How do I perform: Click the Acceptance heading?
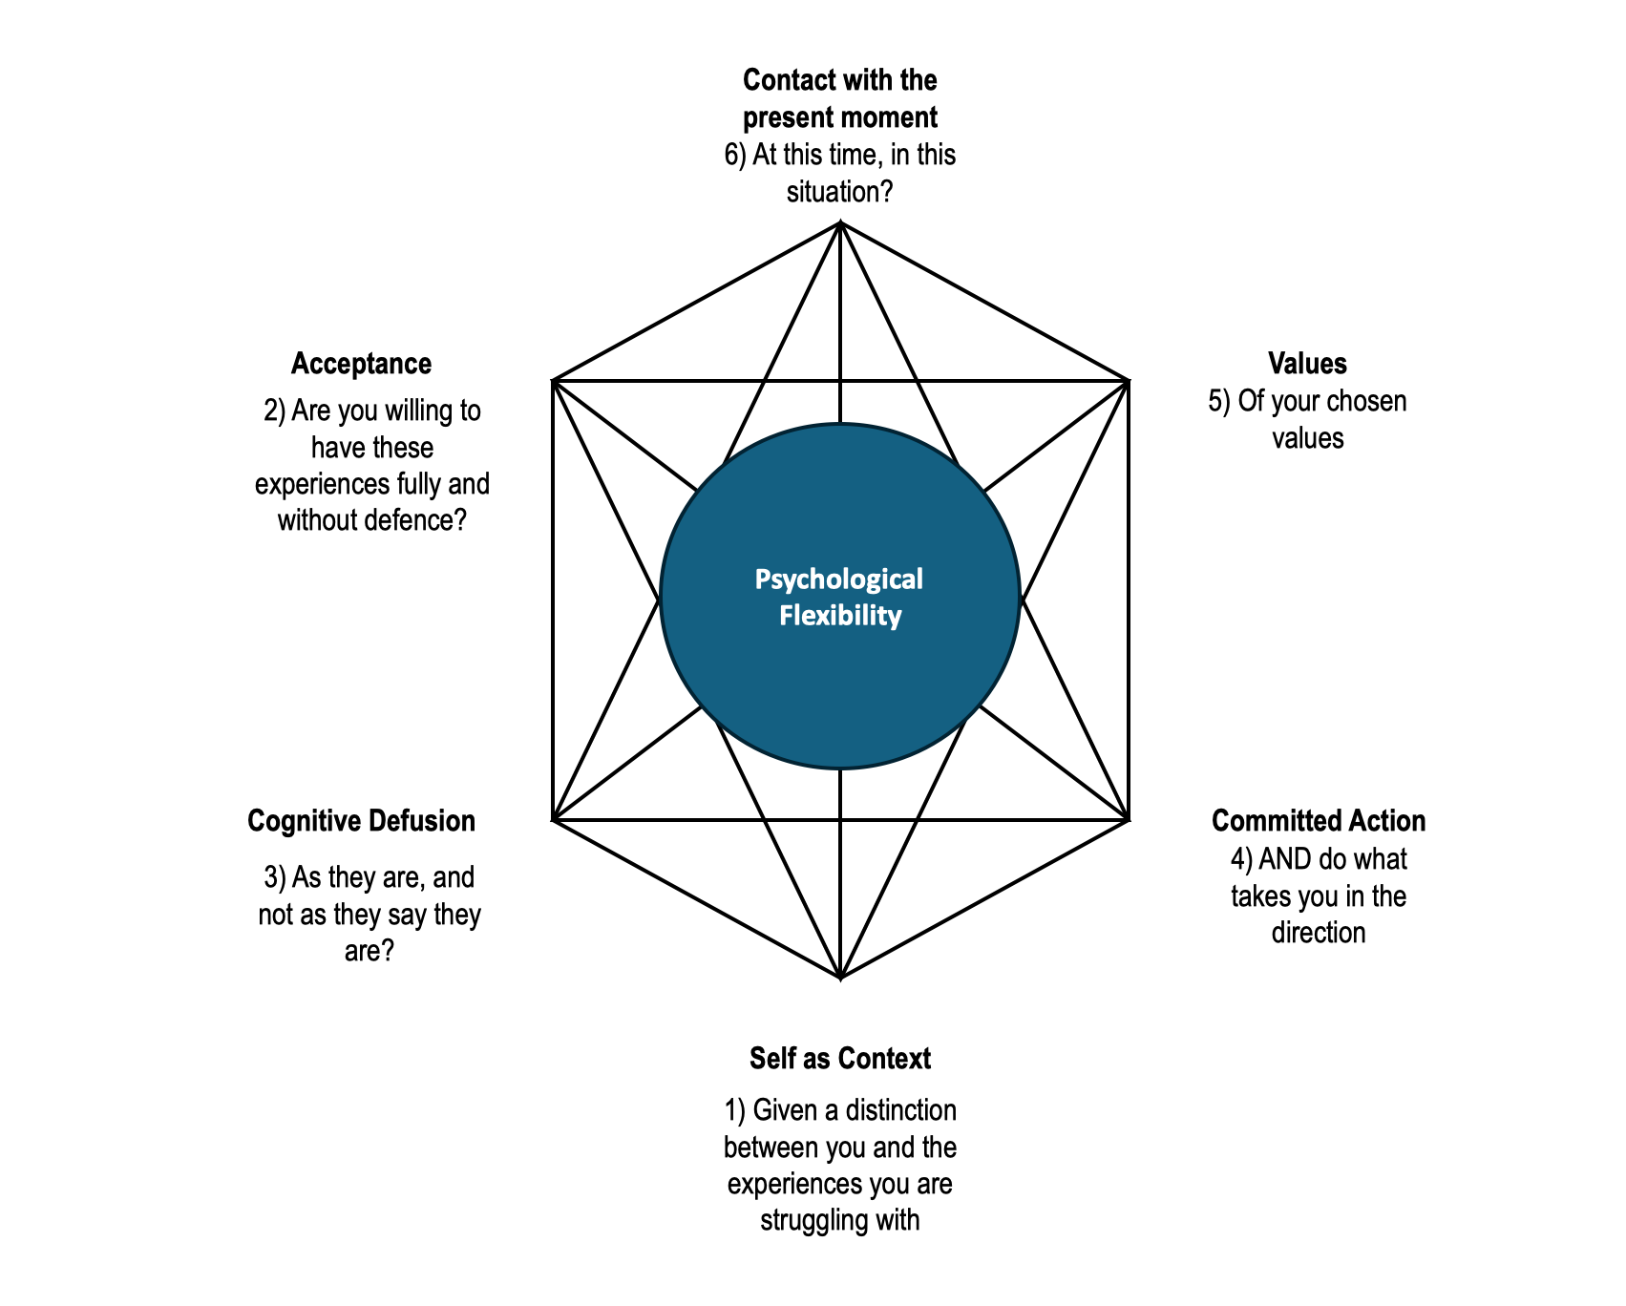point(361,364)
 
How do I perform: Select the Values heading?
point(1307,364)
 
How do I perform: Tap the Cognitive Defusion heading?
point(361,821)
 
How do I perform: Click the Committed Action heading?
point(1318,821)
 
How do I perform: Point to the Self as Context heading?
point(839,1059)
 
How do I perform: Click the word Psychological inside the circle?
point(838,579)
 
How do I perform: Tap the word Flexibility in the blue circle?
point(839,616)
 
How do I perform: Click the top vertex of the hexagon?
point(840,223)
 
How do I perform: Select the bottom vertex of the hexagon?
point(840,978)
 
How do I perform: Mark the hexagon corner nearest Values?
point(1129,381)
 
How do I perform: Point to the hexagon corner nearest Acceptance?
point(553,381)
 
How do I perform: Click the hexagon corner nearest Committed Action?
point(1129,819)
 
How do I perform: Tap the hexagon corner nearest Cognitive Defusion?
point(553,819)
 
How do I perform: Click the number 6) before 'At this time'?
point(734,155)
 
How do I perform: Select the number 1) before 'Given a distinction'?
point(734,1110)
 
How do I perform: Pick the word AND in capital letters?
point(1284,859)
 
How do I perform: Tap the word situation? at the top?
point(839,192)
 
